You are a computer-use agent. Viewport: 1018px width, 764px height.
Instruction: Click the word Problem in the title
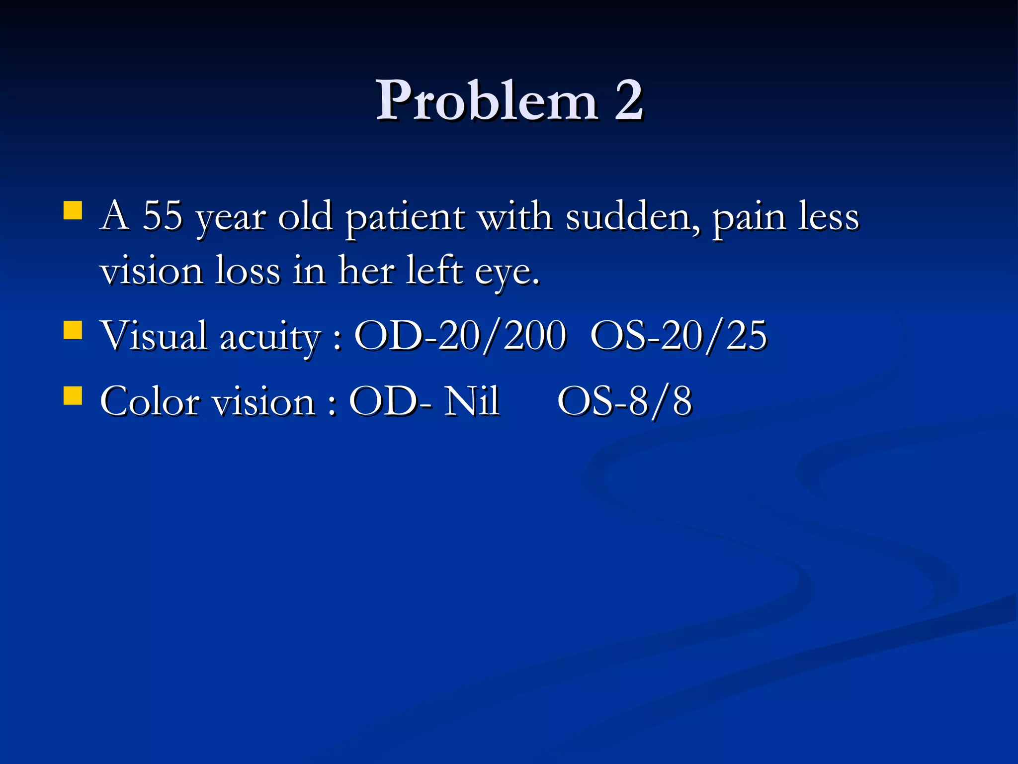pyautogui.click(x=486, y=100)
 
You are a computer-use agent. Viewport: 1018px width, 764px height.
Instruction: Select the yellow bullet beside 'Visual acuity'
pyautogui.click(x=73, y=329)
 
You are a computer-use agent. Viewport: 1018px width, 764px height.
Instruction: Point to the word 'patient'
pyautogui.click(x=405, y=217)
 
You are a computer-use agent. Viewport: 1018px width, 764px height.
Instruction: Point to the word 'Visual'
pyautogui.click(x=154, y=335)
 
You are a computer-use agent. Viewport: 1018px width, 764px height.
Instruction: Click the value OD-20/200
pyautogui.click(x=460, y=335)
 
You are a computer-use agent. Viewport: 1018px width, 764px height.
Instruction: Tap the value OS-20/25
pyautogui.click(x=679, y=335)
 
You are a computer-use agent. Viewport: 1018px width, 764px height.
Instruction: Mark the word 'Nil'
pyautogui.click(x=472, y=401)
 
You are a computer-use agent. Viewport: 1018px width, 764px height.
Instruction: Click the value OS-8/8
pyautogui.click(x=625, y=401)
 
